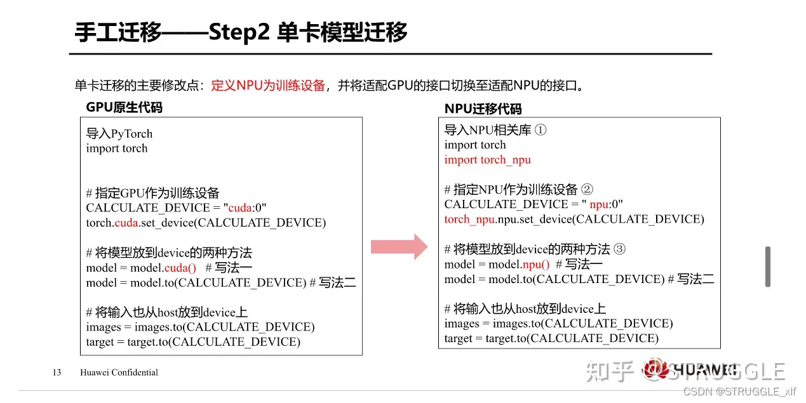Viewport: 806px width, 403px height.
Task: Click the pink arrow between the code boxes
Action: coord(400,247)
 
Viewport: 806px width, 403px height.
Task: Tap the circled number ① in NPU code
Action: coord(541,129)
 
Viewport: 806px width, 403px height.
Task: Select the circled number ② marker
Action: coord(587,189)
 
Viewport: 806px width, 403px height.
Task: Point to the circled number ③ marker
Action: coord(619,249)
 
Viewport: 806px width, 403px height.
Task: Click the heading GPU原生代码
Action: coord(124,107)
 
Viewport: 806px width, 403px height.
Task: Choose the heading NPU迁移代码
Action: coord(483,109)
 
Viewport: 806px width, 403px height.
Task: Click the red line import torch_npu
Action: coord(488,160)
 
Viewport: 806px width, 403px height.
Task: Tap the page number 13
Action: coord(57,373)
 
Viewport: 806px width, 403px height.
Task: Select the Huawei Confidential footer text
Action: coord(119,373)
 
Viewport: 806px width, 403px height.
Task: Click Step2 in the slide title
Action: coord(239,32)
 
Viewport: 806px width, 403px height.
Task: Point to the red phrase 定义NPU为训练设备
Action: coord(268,86)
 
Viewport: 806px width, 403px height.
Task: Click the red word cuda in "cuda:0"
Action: coord(240,208)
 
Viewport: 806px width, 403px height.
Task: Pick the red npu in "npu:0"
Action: coord(599,204)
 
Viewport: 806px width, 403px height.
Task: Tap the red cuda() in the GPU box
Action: coord(180,268)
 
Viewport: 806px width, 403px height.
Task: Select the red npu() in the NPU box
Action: coord(536,265)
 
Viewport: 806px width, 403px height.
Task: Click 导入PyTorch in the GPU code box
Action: coord(119,134)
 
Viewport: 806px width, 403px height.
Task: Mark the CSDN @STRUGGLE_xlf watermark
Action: coord(740,392)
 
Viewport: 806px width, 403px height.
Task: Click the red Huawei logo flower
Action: coord(654,369)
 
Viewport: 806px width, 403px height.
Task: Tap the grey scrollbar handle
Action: coord(768,267)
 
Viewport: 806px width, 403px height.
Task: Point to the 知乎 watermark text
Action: coord(610,371)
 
